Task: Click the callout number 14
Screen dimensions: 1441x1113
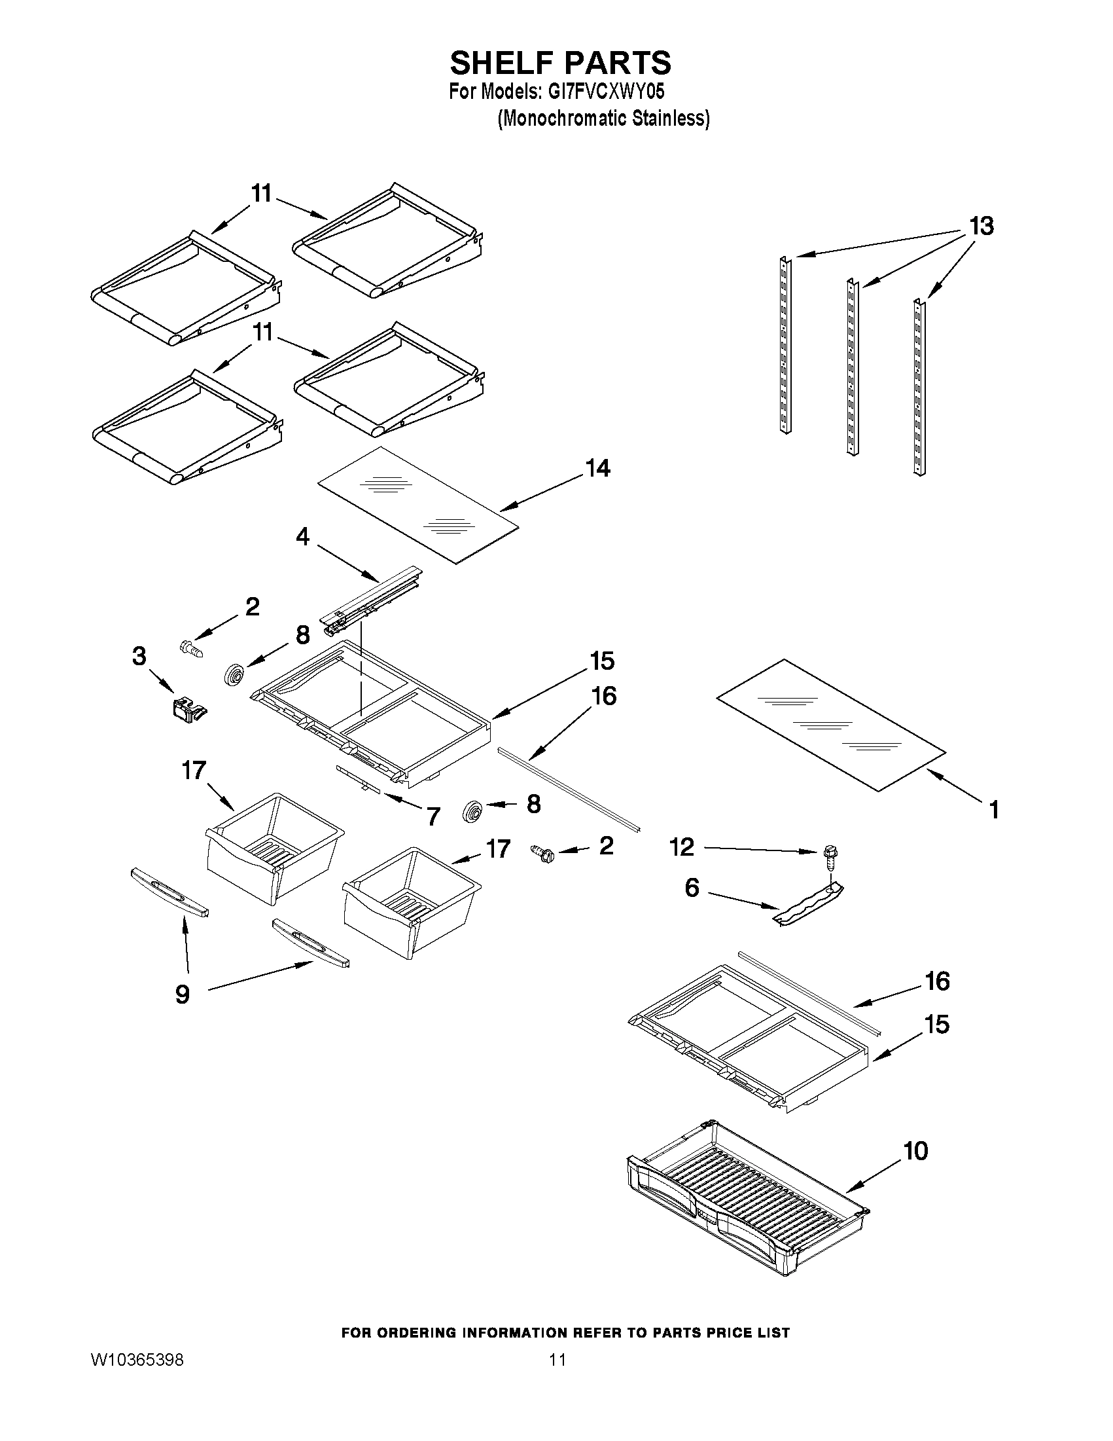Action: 598,469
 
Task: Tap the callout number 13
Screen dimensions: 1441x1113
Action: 981,227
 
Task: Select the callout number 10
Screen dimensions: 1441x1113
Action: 915,1151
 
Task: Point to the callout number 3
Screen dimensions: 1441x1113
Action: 139,657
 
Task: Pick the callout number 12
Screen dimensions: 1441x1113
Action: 682,847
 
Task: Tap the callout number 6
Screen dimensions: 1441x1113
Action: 692,887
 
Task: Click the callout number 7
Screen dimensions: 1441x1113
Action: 433,817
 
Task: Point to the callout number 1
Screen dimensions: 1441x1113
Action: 994,809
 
